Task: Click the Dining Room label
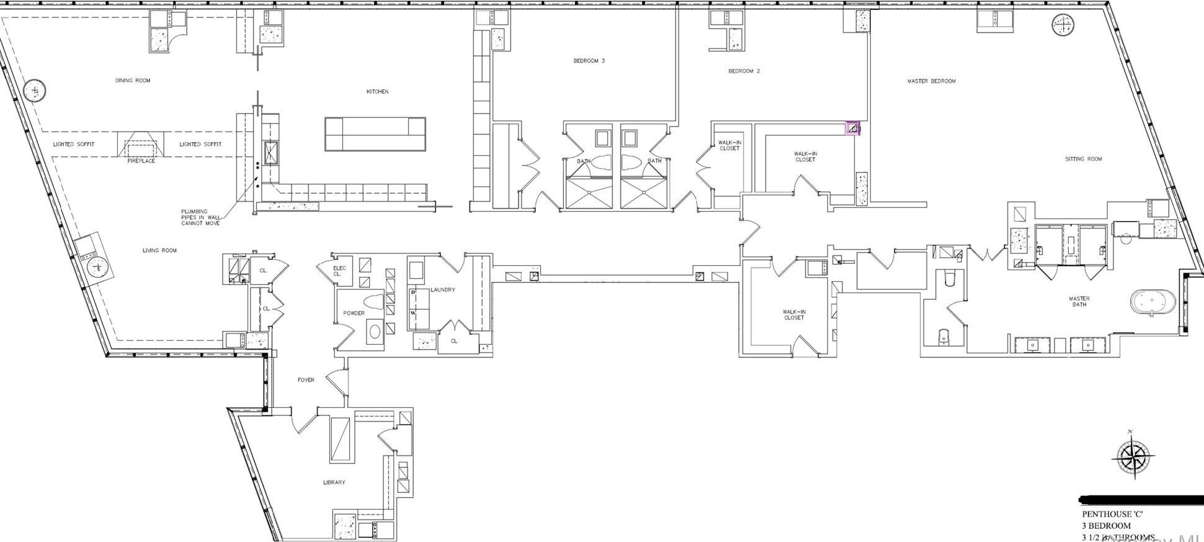click(x=133, y=80)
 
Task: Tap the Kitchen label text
click(x=377, y=91)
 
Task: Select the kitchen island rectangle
click(x=375, y=134)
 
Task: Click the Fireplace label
click(x=141, y=161)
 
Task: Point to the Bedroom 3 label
click(x=589, y=61)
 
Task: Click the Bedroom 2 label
click(x=744, y=71)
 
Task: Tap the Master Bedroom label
click(x=931, y=81)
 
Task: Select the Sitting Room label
click(x=1083, y=159)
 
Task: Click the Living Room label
click(x=159, y=250)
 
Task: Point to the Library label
click(x=334, y=482)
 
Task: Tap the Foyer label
click(x=306, y=380)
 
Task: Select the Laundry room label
click(x=442, y=290)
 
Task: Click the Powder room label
click(x=354, y=313)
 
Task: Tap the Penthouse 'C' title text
click(x=1112, y=514)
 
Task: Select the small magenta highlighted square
click(x=854, y=129)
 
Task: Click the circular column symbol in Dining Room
click(x=35, y=91)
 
